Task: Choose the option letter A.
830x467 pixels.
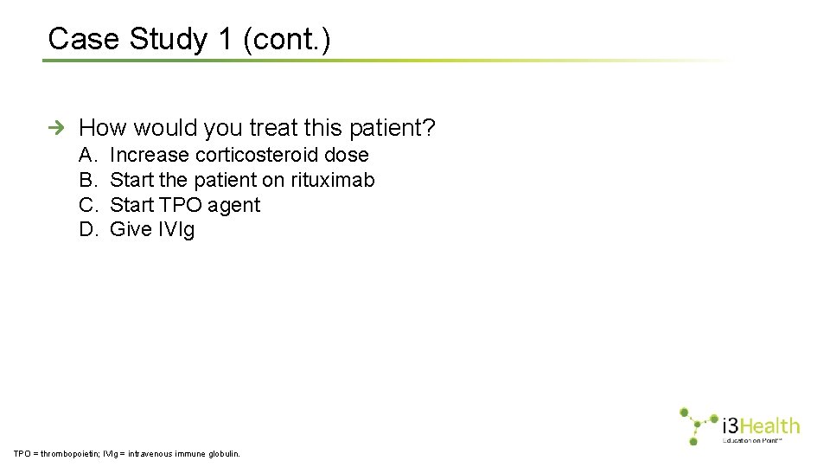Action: pos(87,156)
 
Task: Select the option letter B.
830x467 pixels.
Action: pos(87,181)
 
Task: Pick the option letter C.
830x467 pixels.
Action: pos(87,205)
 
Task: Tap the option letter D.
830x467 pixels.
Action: pos(87,230)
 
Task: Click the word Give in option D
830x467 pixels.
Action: pos(131,230)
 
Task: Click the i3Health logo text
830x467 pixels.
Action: pos(760,426)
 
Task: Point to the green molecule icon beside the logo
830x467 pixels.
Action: pos(697,425)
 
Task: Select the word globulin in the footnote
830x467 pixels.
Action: pos(222,453)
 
